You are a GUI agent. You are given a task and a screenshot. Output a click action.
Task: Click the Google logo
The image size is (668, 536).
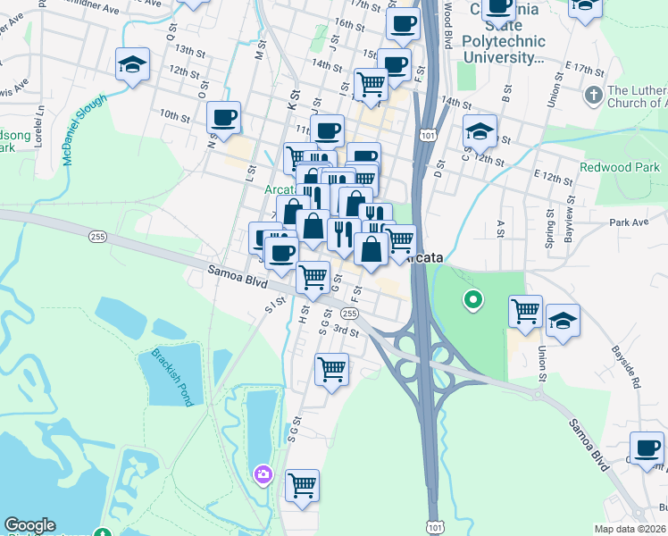[29, 525]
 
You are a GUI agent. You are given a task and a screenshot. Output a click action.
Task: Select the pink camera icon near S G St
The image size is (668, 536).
[263, 472]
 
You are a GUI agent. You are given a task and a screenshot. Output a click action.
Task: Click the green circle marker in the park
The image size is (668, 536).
[472, 300]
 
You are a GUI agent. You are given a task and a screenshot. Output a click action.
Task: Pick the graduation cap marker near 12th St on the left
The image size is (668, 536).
[132, 65]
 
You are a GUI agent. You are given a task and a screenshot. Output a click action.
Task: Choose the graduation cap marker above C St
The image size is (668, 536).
[480, 132]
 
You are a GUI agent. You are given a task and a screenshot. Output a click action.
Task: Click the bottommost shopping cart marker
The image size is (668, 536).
[303, 487]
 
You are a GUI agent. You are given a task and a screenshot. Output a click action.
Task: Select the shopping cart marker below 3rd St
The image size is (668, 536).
[331, 368]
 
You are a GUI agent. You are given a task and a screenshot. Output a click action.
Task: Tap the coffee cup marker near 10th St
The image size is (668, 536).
[223, 116]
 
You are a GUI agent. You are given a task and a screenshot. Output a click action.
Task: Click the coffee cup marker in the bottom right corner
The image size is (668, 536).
[647, 448]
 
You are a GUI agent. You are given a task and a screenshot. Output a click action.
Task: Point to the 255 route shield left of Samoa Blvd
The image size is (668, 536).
[97, 236]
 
